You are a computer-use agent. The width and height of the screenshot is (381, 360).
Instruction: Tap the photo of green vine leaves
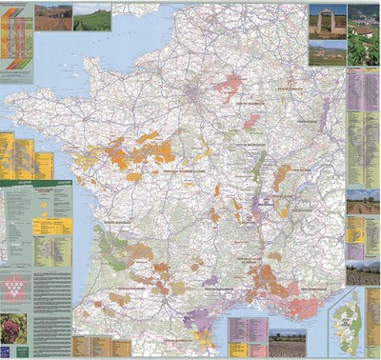click(363, 43)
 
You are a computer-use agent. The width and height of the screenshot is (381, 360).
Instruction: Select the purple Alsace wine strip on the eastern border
click(324, 119)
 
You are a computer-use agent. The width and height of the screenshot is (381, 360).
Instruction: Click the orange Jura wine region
click(281, 177)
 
